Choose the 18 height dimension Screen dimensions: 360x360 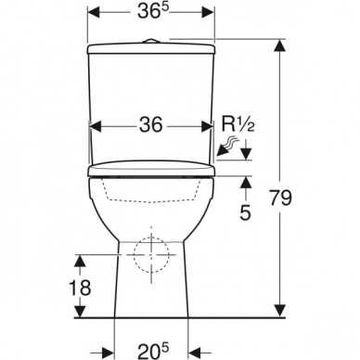[83, 288]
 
